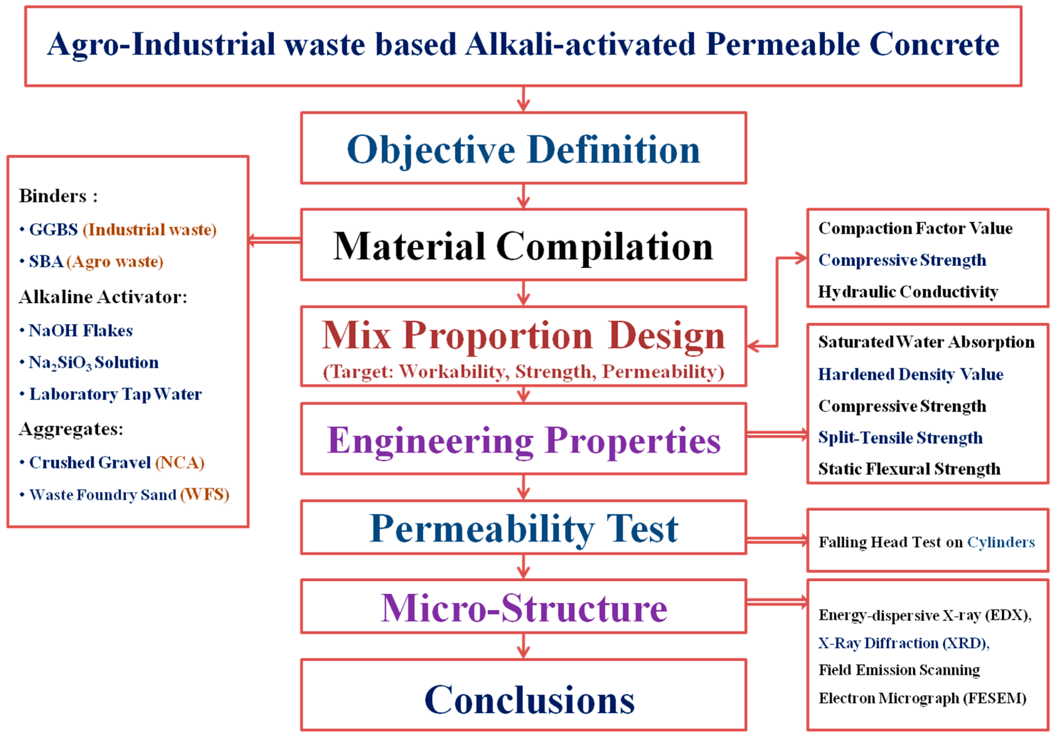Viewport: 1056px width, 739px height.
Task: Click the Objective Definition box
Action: tap(523, 149)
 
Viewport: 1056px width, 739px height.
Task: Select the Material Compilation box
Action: tap(523, 245)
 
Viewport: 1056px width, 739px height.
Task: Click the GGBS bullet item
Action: tap(117, 230)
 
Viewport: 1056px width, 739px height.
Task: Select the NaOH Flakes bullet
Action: tap(81, 331)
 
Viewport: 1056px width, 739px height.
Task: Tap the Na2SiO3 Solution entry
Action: tap(93, 363)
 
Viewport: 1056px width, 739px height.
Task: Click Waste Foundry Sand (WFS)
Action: tap(129, 495)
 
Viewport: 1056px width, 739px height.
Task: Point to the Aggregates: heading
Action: tap(71, 429)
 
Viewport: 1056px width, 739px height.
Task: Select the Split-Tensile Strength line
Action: tap(900, 438)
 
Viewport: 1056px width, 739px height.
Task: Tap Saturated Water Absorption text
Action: tap(926, 342)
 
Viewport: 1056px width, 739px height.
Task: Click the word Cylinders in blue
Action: tap(1001, 542)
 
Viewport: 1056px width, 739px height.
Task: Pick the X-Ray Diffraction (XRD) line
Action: tap(904, 643)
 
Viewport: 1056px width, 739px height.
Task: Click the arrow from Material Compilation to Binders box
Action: tap(274, 240)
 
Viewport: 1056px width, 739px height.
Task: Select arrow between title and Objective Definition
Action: tap(523, 99)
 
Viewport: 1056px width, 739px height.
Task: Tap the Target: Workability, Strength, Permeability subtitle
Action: tap(523, 372)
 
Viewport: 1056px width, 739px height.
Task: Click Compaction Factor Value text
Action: tap(915, 228)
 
